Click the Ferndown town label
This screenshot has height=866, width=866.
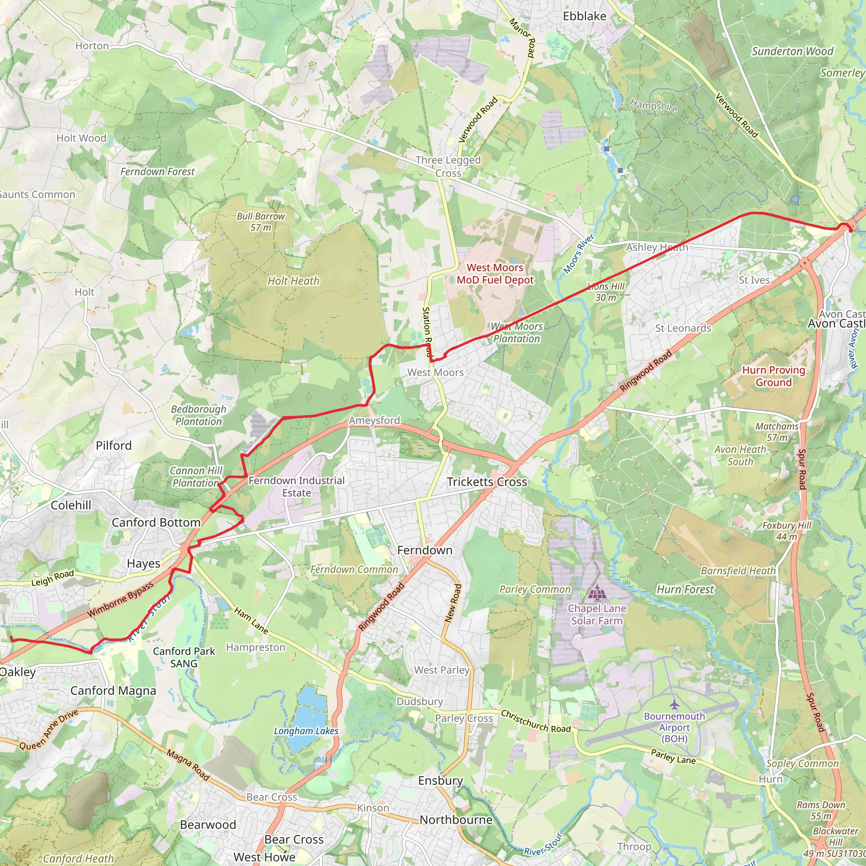[425, 550]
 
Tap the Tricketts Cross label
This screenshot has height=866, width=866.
[487, 482]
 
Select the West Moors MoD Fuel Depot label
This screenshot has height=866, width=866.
[495, 274]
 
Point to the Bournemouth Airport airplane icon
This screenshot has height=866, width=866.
[674, 704]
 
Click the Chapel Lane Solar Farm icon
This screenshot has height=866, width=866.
[596, 593]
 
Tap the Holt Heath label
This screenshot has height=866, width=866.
[293, 281]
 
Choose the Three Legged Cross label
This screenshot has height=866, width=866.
[448, 166]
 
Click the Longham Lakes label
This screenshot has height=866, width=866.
[306, 731]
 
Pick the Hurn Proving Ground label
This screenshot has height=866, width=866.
[774, 376]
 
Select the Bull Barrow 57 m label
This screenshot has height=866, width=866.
[260, 222]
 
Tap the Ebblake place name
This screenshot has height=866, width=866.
[584, 16]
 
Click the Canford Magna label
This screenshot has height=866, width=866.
[113, 691]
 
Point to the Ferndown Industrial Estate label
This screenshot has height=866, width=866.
[296, 486]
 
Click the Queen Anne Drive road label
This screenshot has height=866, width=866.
[48, 729]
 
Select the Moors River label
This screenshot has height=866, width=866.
[579, 254]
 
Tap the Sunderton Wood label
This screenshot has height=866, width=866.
[792, 52]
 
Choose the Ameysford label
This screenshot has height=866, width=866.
[374, 420]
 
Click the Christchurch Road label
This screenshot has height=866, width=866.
[536, 721]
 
